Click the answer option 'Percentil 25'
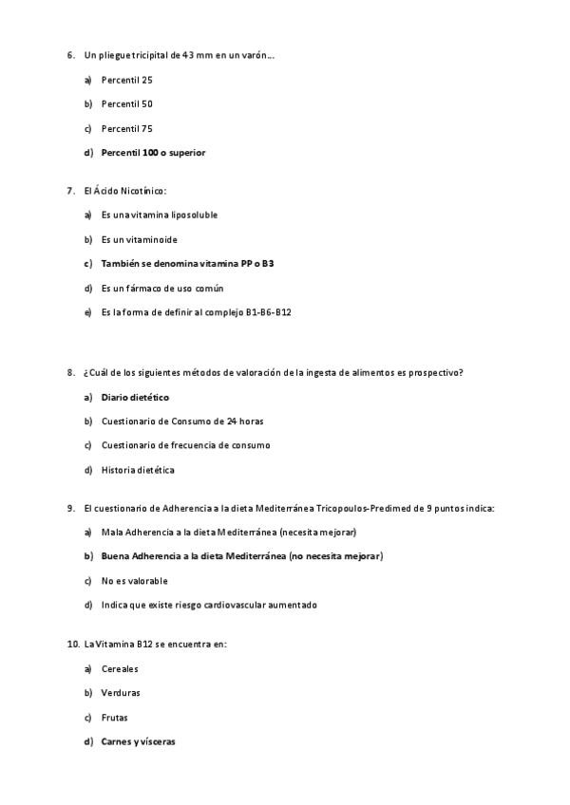coord(126,80)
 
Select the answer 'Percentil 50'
coord(126,103)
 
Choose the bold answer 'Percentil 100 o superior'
coord(153,152)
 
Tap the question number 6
coord(71,55)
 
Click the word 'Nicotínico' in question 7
coord(143,191)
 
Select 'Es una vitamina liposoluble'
coord(159,215)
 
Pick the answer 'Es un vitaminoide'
coord(139,239)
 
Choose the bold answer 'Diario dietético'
coord(135,397)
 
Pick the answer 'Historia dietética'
coord(138,469)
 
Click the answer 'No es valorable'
coord(134,580)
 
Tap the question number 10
coord(73,644)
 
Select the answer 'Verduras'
coord(121,693)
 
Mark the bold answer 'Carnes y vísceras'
coord(138,741)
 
